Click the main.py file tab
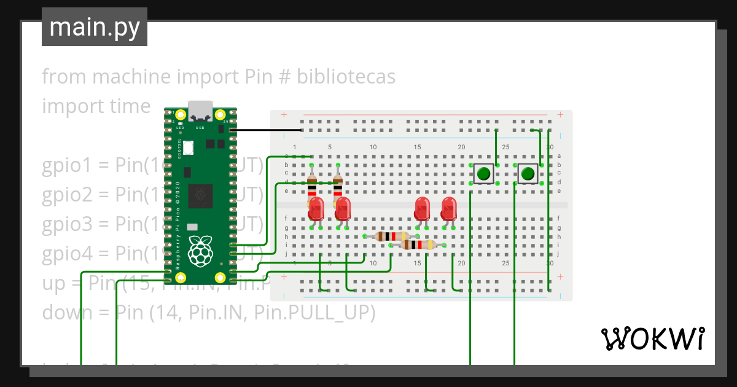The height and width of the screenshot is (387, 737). [95, 27]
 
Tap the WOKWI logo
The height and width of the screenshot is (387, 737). [652, 338]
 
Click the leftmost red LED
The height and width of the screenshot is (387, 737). [316, 208]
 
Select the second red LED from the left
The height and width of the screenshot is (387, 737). [343, 208]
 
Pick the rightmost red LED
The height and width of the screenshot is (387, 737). [449, 208]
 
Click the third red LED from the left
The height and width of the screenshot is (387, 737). [422, 208]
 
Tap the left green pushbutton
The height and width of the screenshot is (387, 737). [484, 174]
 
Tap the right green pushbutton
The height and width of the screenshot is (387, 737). [528, 174]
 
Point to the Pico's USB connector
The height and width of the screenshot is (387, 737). [201, 111]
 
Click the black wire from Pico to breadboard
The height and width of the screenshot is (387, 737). [264, 130]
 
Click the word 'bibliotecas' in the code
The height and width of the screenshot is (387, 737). [346, 77]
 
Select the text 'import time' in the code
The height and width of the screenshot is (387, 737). [96, 106]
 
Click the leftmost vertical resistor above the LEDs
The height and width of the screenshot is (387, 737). [312, 183]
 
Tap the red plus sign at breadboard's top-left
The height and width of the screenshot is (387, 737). [283, 115]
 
